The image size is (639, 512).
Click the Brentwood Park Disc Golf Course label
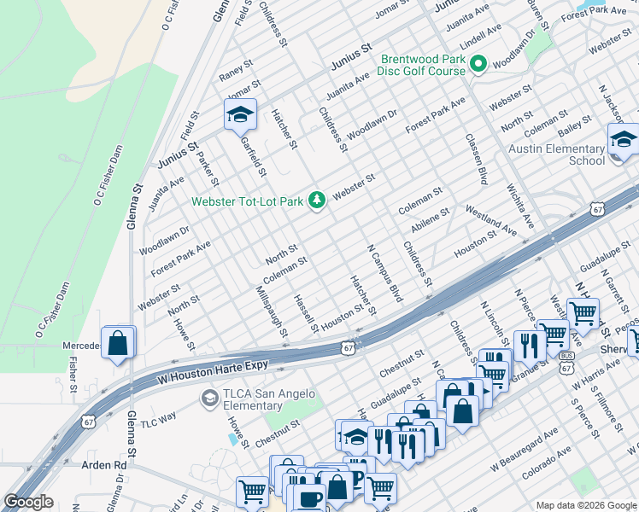[x=423, y=65]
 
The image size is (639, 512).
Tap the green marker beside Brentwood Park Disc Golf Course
[x=478, y=64]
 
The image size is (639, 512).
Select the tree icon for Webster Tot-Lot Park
[x=317, y=201]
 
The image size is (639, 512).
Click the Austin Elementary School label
[x=556, y=154]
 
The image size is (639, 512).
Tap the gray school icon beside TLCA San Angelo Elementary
[x=208, y=399]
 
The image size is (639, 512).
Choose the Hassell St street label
[x=305, y=314]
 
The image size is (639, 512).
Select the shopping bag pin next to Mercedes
[x=118, y=343]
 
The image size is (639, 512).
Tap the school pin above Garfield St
[x=241, y=115]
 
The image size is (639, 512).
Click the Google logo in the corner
[x=28, y=502]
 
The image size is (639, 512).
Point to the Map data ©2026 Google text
[x=585, y=505]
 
